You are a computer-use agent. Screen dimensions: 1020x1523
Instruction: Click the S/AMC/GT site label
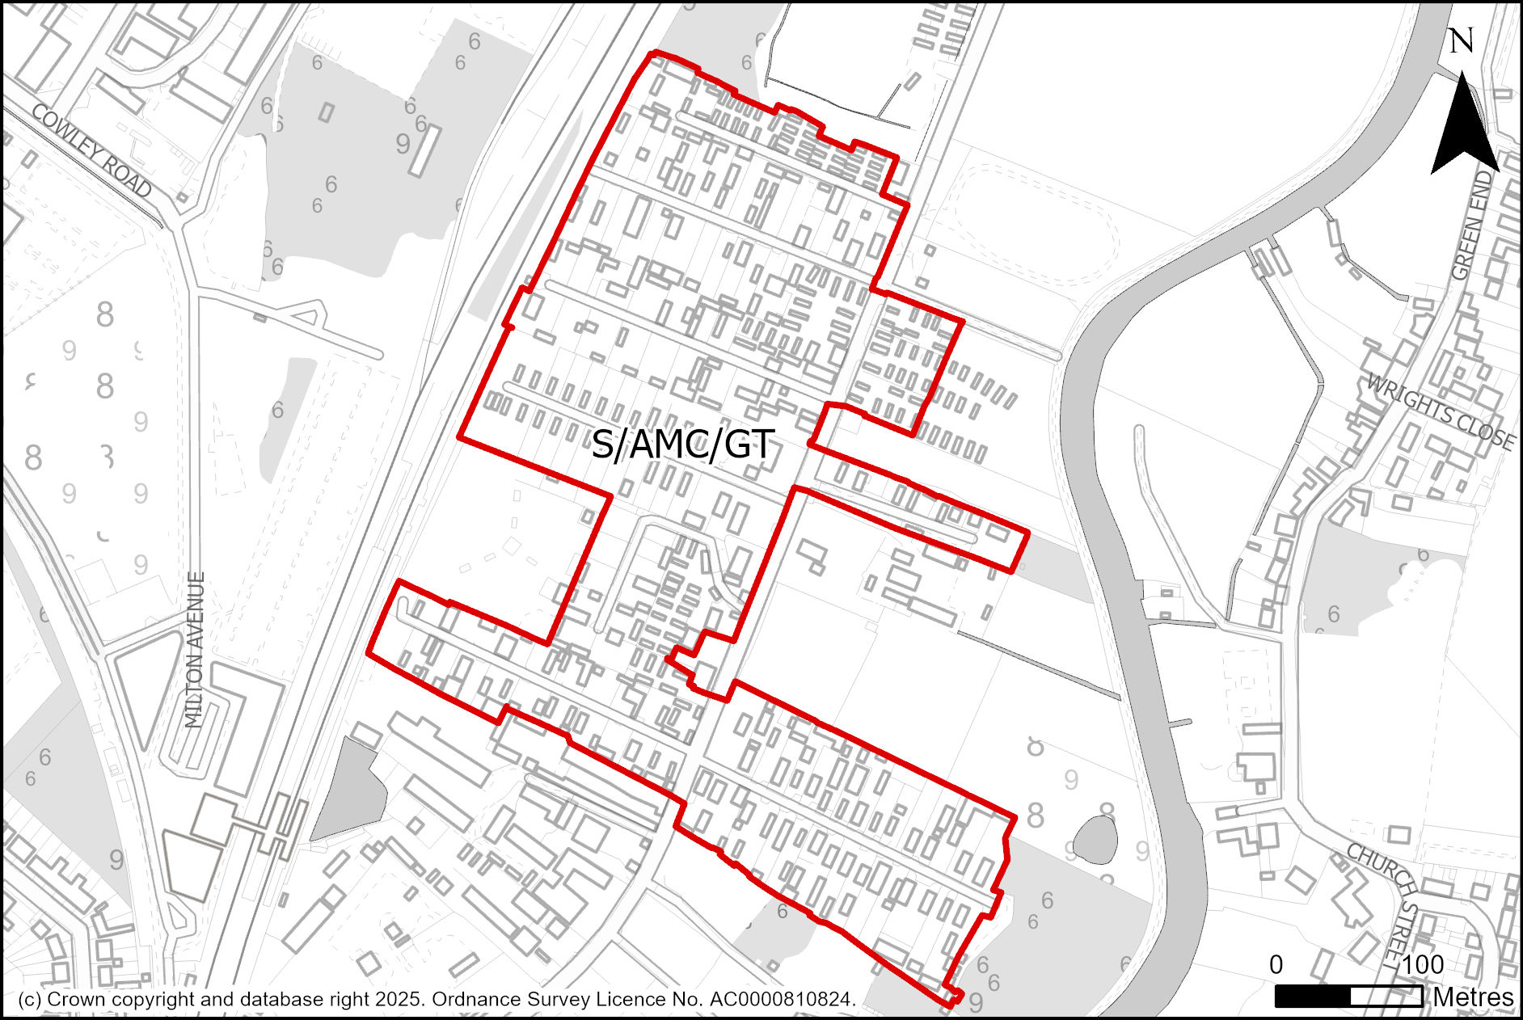coord(683,445)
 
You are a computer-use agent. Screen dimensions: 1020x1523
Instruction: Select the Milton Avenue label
coord(195,650)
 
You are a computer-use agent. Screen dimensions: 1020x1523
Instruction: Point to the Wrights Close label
coord(1440,411)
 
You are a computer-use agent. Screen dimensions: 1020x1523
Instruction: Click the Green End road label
coord(1472,226)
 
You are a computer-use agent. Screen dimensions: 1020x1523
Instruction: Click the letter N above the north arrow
coord(1461,41)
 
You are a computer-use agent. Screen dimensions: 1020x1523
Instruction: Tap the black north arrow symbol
coord(1464,129)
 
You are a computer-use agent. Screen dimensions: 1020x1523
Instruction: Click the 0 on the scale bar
coord(1276,964)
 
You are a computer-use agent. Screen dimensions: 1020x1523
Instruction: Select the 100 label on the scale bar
coord(1423,964)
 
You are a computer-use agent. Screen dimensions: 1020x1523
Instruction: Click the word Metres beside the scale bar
coord(1473,997)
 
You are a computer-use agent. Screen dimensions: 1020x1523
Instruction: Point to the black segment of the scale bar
coord(1312,997)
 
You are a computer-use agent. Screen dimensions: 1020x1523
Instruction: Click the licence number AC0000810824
coord(782,999)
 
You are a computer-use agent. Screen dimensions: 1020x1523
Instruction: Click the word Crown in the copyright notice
coord(75,999)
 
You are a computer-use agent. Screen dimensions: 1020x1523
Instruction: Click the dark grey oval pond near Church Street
coord(1096,840)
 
